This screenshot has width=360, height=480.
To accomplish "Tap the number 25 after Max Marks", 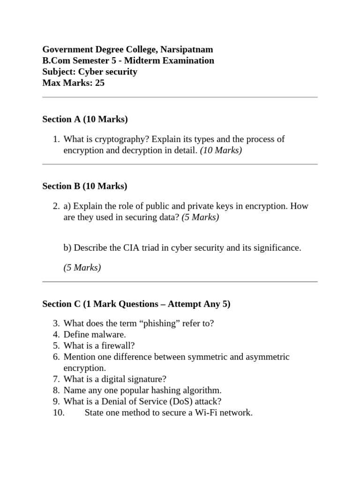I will (x=99, y=83).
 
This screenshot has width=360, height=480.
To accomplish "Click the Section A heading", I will (x=85, y=119).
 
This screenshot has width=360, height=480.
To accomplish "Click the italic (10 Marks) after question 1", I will (x=221, y=150).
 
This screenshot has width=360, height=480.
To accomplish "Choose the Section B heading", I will (x=85, y=186).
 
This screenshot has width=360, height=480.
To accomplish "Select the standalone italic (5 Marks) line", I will (x=82, y=268).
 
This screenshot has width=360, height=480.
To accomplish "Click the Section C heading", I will (x=136, y=304).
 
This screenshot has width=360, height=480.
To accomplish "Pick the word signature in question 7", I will (x=147, y=379).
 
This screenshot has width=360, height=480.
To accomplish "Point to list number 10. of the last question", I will (x=58, y=413).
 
